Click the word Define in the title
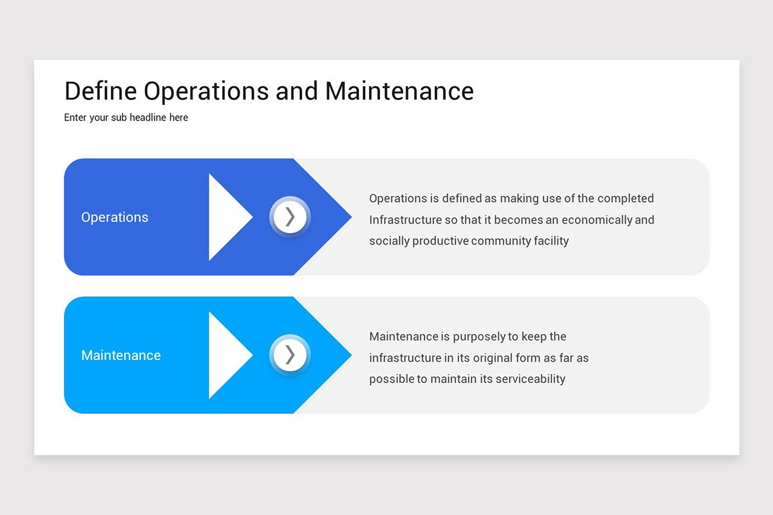coord(100,91)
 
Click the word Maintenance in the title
coord(399,91)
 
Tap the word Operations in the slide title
coord(206,91)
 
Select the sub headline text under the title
coord(126,118)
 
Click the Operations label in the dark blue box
coord(115,218)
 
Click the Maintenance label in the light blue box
coord(121,355)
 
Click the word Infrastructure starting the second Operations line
coord(405,220)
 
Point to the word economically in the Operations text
coord(596,220)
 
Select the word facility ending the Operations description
coord(551,241)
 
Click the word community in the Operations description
coord(501,241)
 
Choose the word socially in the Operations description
coord(389,241)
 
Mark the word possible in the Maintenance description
coord(391,379)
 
